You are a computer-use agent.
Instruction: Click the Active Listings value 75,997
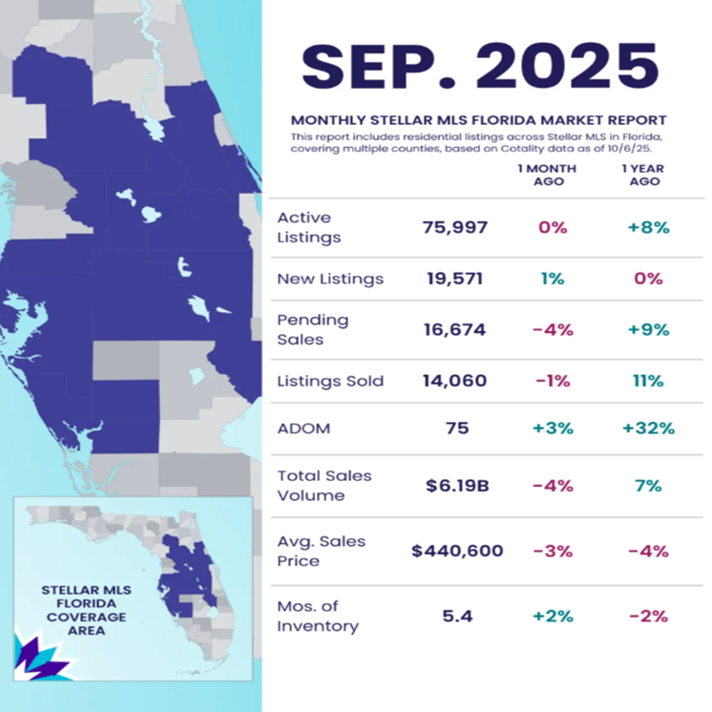click(455, 227)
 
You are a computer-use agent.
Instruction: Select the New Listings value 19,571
click(455, 279)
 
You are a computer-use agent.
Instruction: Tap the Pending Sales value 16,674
click(455, 329)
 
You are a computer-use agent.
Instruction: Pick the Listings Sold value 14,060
click(455, 381)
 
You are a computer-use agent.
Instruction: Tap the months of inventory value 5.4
click(456, 616)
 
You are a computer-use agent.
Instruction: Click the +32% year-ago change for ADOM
click(648, 429)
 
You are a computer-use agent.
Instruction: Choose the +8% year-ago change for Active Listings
click(648, 227)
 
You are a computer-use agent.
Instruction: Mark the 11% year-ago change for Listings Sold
click(648, 381)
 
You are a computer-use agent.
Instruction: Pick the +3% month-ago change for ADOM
click(553, 429)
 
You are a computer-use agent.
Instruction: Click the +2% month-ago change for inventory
click(553, 616)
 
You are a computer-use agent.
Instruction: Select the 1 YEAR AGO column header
click(648, 175)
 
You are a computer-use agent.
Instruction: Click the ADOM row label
click(304, 429)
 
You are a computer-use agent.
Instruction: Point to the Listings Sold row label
click(329, 381)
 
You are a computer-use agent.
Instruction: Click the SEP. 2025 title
click(480, 65)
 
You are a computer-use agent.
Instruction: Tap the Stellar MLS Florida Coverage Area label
click(86, 603)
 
